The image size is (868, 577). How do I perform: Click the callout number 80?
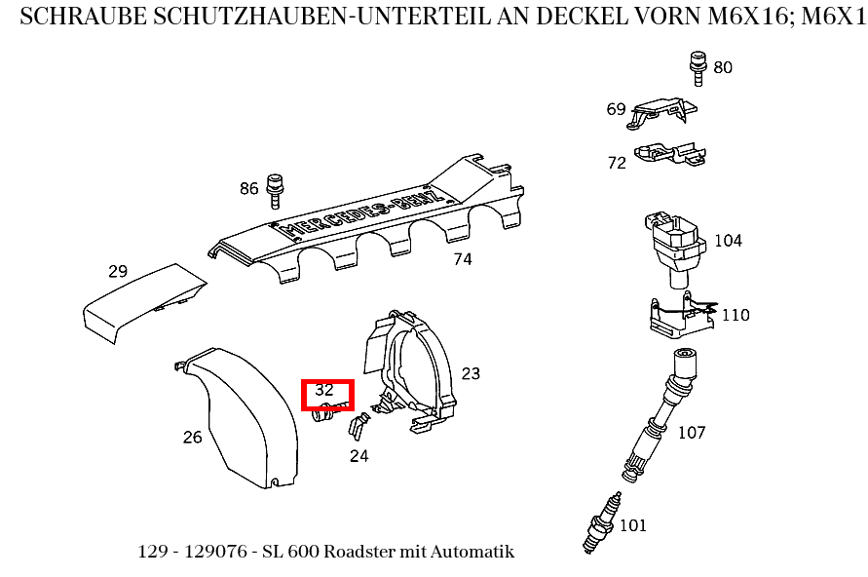click(x=723, y=67)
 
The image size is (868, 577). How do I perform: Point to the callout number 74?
click(x=462, y=259)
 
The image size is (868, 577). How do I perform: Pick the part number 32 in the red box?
click(x=324, y=389)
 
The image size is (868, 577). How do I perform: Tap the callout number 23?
click(x=471, y=373)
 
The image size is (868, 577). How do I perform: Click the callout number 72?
click(x=617, y=163)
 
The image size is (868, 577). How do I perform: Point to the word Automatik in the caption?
click(x=474, y=552)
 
